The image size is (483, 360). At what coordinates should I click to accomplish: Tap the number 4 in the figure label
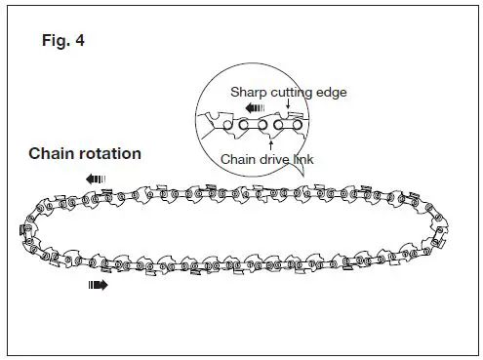(79, 44)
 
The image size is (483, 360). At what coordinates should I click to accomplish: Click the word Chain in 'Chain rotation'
(51, 153)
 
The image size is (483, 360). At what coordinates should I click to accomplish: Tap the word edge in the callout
(333, 92)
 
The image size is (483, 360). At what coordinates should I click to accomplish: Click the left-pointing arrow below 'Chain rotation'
(97, 179)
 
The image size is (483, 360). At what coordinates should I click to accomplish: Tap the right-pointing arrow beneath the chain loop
(98, 286)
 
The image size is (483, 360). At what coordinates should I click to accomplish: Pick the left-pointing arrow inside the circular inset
(255, 109)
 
